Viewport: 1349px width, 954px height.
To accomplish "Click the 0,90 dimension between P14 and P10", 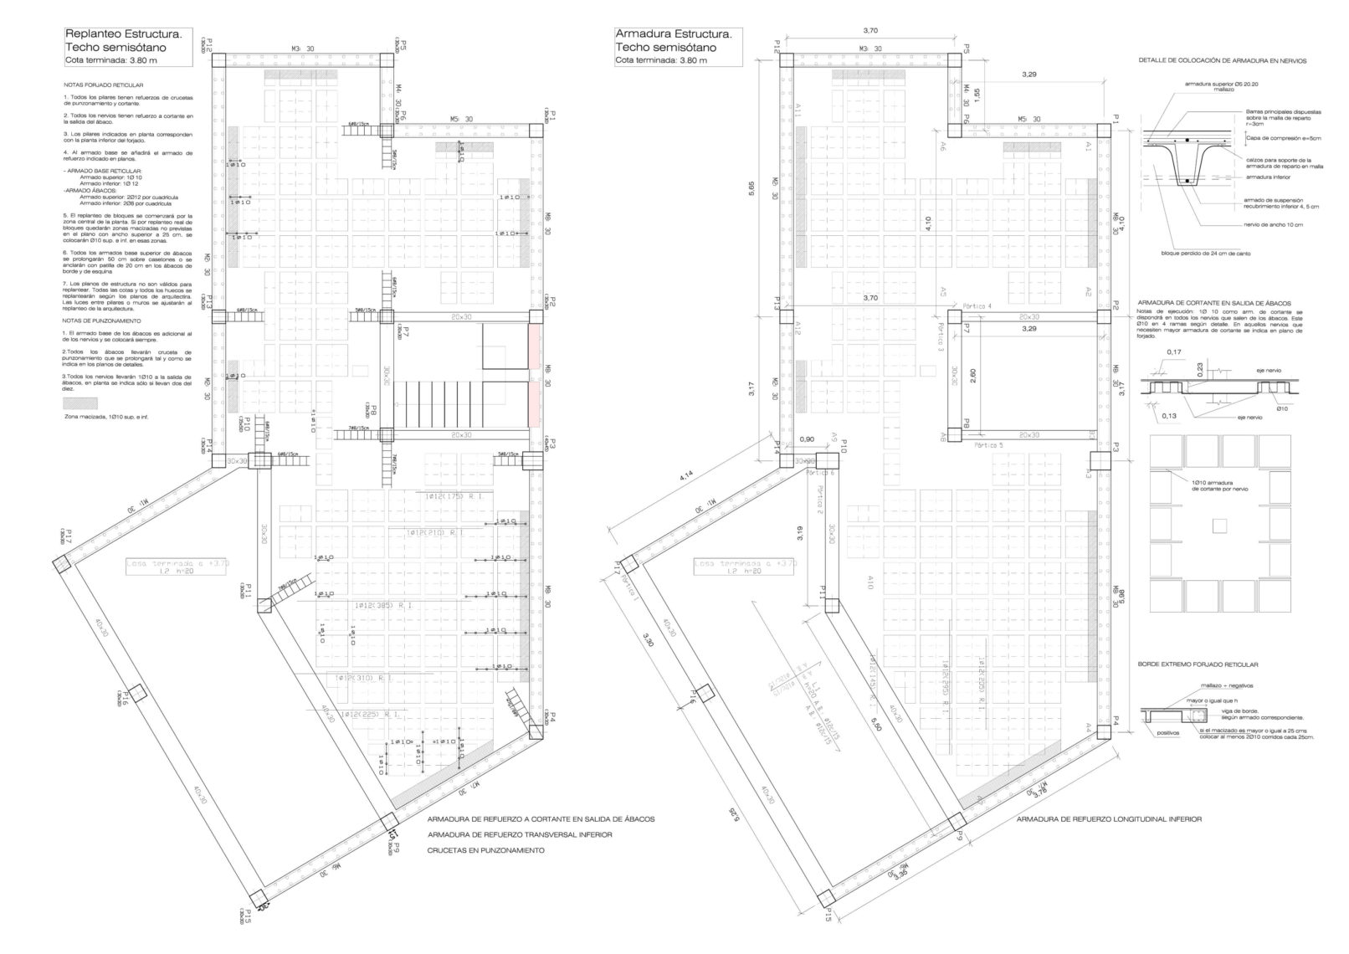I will (808, 439).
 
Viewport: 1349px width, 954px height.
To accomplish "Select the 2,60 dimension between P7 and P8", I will (972, 377).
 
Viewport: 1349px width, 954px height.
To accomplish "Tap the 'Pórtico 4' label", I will (977, 306).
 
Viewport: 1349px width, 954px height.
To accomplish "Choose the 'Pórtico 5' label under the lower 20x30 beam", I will (988, 446).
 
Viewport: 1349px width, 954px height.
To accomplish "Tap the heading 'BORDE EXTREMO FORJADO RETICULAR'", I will (1198, 664).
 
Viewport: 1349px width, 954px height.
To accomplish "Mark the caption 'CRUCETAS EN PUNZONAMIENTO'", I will (485, 850).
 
